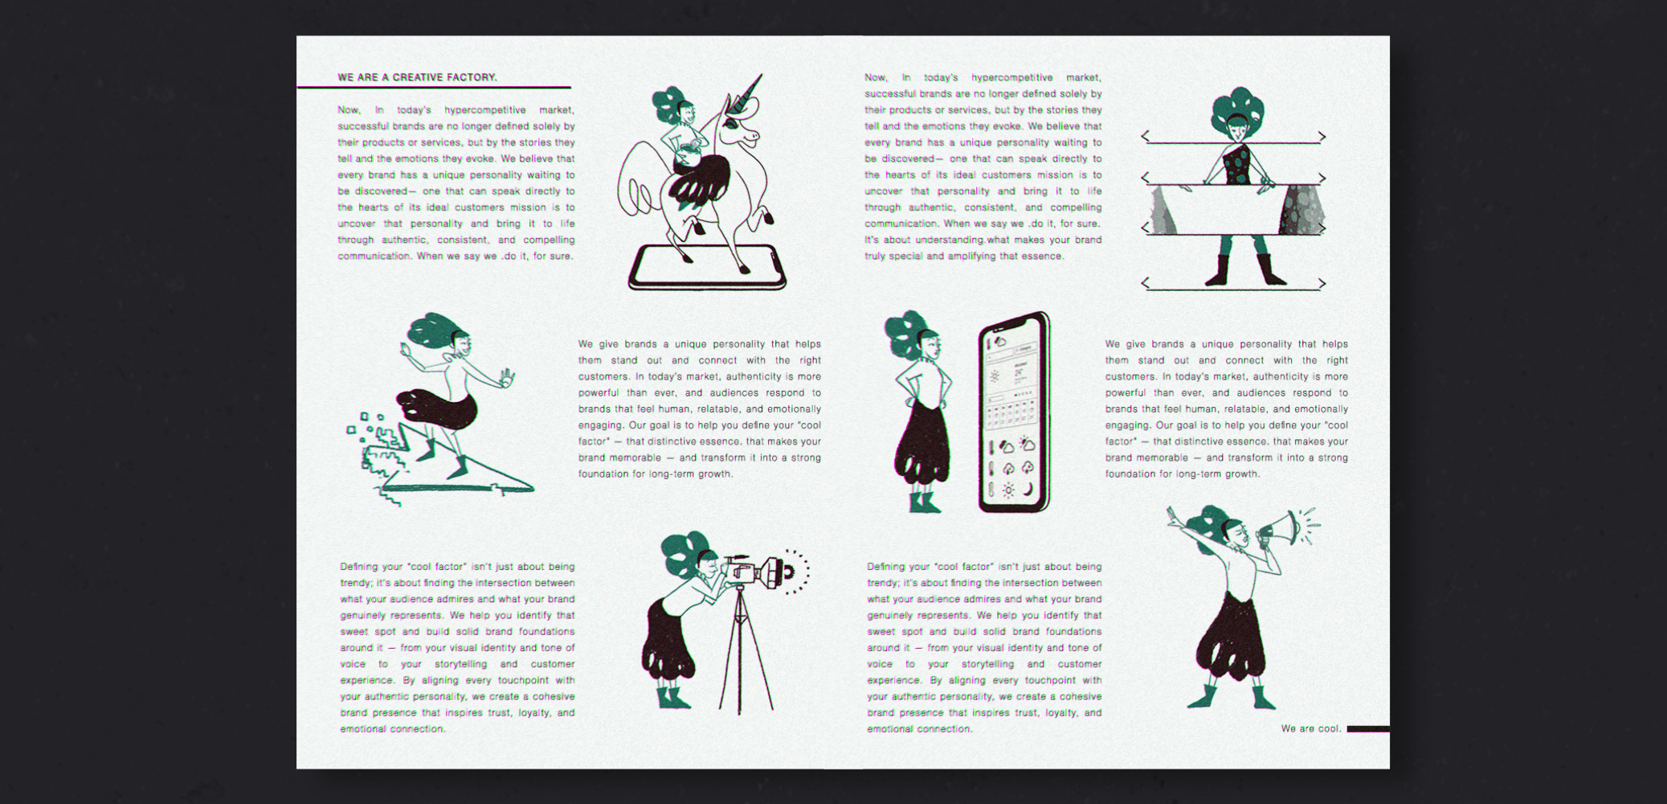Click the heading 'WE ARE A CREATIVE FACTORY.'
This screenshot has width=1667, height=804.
417,77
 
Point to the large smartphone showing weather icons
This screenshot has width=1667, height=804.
1014,412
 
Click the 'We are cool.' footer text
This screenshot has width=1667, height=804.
1311,728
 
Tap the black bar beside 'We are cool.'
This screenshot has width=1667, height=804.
1368,729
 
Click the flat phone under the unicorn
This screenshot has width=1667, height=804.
707,268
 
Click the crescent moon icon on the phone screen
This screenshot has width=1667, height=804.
1028,489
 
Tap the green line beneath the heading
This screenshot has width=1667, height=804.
434,87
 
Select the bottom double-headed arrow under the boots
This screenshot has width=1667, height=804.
1233,284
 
